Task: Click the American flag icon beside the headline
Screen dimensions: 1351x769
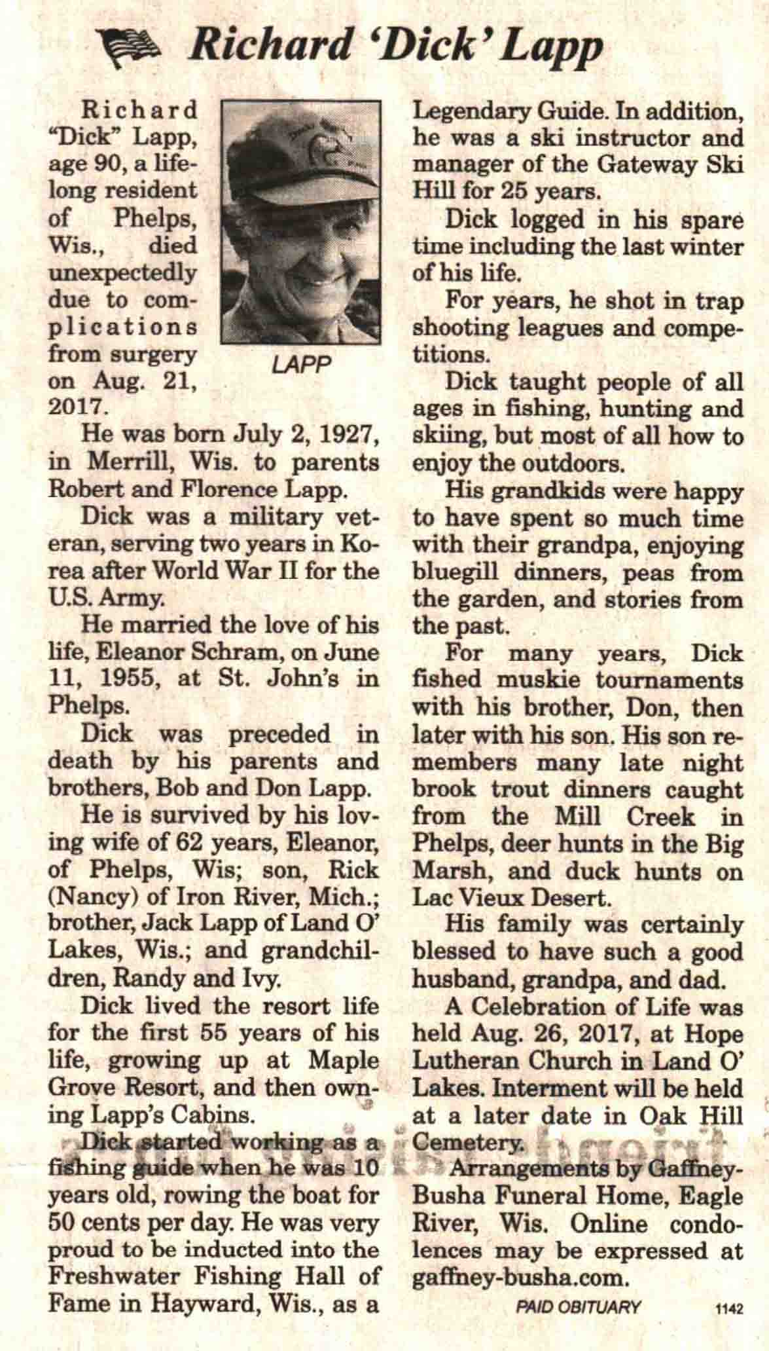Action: tap(132, 48)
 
